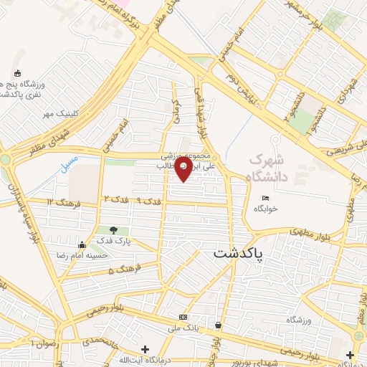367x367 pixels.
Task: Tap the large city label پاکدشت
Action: click(239, 253)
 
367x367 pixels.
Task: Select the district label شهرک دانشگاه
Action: click(270, 166)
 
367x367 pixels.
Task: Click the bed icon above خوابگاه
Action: click(264, 198)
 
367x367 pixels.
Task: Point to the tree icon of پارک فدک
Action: click(114, 230)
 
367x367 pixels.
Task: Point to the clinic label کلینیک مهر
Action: click(58, 114)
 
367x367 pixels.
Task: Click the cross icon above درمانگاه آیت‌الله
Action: click(146, 349)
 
